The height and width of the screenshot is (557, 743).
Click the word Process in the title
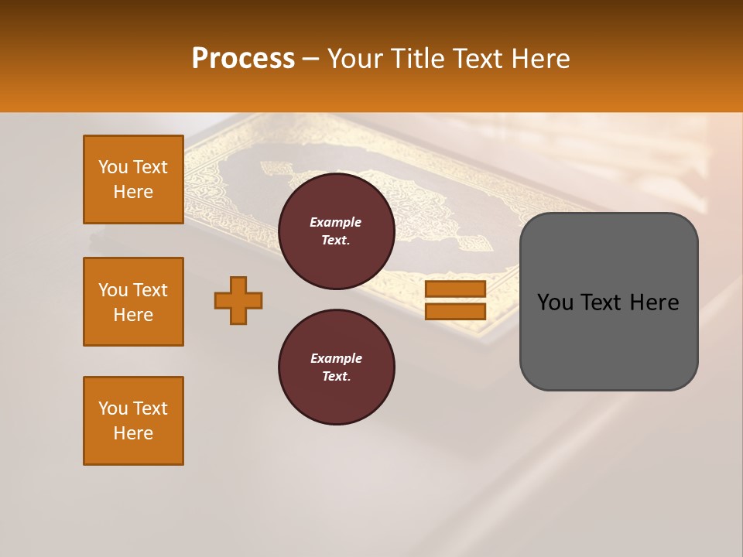[243, 59]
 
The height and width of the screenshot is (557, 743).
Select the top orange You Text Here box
[133, 179]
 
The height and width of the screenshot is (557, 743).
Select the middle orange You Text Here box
[133, 302]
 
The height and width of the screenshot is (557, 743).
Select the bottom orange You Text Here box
[133, 421]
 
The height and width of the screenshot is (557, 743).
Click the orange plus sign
[238, 300]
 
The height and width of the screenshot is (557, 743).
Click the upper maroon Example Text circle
[336, 231]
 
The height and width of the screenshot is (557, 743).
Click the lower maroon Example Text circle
[336, 367]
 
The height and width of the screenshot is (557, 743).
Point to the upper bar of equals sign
[455, 289]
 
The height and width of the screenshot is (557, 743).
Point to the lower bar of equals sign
[455, 312]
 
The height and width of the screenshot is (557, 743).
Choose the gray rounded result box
[608, 302]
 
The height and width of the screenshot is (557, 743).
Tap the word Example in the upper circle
[336, 222]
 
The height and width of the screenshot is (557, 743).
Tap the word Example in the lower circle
[336, 358]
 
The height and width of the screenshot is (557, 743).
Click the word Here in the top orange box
[133, 192]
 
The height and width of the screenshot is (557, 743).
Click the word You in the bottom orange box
[112, 408]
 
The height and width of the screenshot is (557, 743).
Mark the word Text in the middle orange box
[150, 290]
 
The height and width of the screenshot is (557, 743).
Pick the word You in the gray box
[556, 302]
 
